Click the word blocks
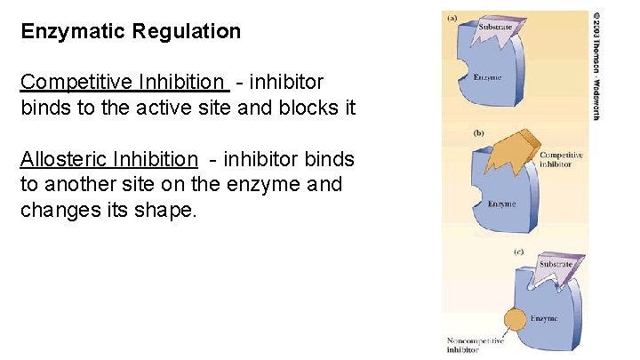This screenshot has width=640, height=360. [x=310, y=108]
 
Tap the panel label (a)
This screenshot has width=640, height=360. [x=452, y=16]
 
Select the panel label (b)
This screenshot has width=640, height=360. [x=478, y=132]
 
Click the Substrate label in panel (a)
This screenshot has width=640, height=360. [x=495, y=28]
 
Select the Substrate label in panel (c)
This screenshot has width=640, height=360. [x=556, y=264]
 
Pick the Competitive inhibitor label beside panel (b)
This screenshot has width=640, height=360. [x=562, y=160]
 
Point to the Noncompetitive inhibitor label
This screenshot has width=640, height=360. [x=475, y=345]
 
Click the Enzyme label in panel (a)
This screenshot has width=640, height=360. [x=487, y=77]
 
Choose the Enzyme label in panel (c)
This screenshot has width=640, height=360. [x=544, y=317]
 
